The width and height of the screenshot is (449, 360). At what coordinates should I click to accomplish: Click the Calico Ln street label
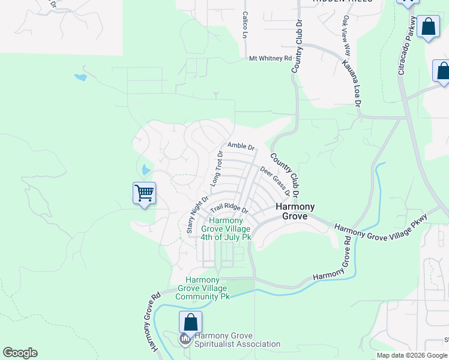pyautogui.click(x=245, y=25)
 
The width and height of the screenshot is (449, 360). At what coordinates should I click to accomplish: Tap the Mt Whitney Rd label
pyautogui.click(x=270, y=59)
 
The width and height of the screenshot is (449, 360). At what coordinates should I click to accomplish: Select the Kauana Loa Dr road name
pyautogui.click(x=352, y=83)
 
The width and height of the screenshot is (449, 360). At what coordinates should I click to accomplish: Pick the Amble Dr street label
pyautogui.click(x=241, y=146)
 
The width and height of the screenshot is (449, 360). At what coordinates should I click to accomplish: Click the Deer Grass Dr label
pyautogui.click(x=276, y=181)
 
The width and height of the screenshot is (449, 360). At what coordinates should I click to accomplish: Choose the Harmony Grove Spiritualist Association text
pyautogui.click(x=238, y=340)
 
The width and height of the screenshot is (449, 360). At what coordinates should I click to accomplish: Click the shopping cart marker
pyautogui.click(x=144, y=193)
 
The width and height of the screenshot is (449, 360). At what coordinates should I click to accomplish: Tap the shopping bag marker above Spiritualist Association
pyautogui.click(x=190, y=322)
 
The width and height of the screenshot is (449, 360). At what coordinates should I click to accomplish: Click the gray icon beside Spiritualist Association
pyautogui.click(x=185, y=340)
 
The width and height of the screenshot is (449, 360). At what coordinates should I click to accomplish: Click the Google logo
pyautogui.click(x=20, y=353)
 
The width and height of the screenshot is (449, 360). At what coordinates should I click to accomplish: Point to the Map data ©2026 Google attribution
pyautogui.click(x=411, y=355)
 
